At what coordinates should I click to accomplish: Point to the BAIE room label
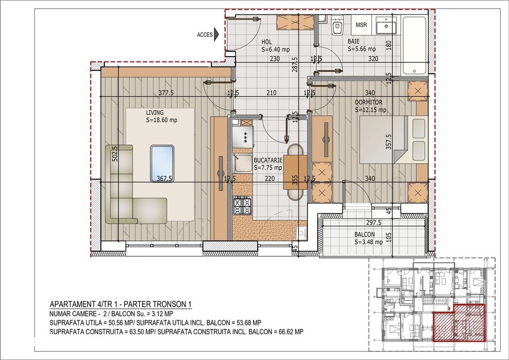pyautogui.click(x=354, y=42)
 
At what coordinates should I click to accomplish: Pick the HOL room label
pyautogui.click(x=266, y=42)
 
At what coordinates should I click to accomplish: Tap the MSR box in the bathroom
pyautogui.click(x=361, y=25)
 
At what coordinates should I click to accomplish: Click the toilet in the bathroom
pyautogui.click(x=337, y=26)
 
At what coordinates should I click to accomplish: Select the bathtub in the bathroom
pyautogui.click(x=415, y=45)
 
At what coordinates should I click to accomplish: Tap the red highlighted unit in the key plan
pyautogui.click(x=459, y=322)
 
